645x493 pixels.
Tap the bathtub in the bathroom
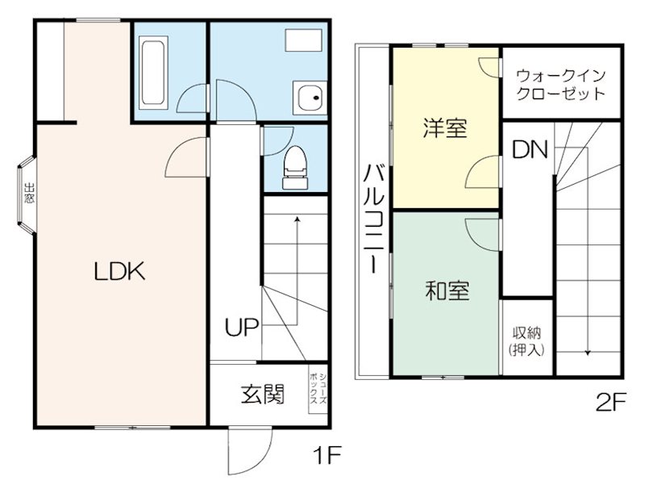(153, 73)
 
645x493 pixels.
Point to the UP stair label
(241, 328)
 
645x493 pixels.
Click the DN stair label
(529, 149)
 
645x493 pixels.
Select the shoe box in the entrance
(318, 391)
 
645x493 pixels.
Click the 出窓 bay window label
(28, 196)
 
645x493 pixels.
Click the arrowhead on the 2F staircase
(587, 352)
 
